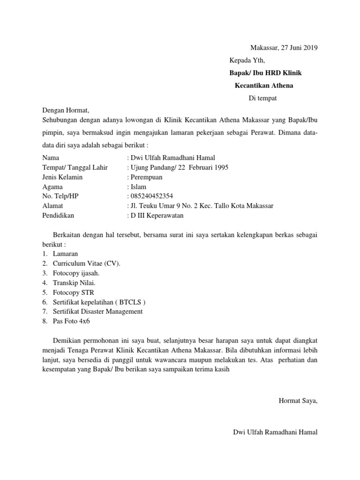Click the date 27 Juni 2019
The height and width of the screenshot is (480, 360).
coord(299,48)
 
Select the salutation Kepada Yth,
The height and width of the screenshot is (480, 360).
coord(247,60)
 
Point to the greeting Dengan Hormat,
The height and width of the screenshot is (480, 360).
coord(65,111)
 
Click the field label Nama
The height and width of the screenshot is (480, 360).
coord(51,158)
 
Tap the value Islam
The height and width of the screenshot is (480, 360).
coord(140,187)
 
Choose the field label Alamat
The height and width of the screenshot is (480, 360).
coord(52,206)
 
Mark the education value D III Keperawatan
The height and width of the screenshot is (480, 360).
coord(157,215)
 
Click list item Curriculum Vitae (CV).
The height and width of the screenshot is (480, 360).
coord(86,263)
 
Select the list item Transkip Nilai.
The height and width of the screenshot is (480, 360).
coord(75,283)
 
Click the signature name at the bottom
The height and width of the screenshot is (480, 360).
coord(275,432)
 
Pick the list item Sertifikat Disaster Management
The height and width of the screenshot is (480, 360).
coord(97,311)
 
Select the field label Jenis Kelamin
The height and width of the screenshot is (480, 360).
coord(62,177)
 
